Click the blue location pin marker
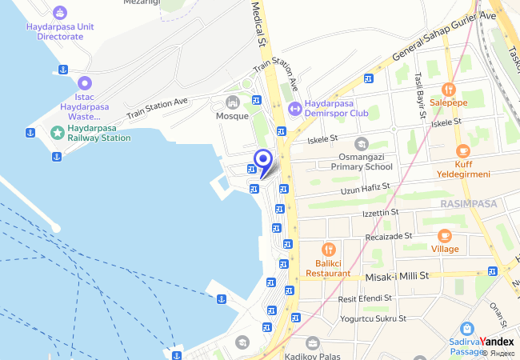262,159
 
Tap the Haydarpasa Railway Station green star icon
57,132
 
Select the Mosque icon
233,102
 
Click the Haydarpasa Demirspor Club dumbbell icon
294,107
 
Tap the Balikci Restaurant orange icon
327,250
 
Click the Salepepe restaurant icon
448,89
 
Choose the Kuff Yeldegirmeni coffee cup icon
462,150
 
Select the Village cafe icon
445,235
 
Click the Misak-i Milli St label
398,275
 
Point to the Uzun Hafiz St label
365,189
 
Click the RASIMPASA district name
468,204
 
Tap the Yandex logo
496,342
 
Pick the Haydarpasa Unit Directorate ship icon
60,13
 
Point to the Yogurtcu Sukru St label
373,318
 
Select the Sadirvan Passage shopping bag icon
467,328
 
